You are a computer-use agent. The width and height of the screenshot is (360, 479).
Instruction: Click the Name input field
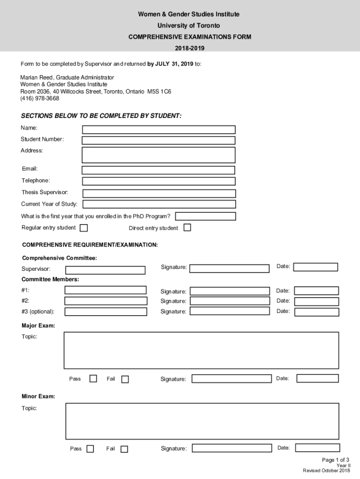click(x=158, y=130)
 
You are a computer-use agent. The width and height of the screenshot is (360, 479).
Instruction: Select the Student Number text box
click(x=158, y=140)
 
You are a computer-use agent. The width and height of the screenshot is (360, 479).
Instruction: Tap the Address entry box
click(x=158, y=155)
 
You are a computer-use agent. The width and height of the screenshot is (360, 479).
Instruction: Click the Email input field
click(x=158, y=170)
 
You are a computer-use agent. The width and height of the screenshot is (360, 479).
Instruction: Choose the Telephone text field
click(x=158, y=181)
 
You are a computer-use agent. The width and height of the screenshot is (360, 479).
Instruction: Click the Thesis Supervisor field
click(x=159, y=193)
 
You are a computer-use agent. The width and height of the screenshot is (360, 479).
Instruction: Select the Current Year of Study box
click(x=159, y=204)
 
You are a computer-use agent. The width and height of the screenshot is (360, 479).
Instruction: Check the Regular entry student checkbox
click(x=84, y=228)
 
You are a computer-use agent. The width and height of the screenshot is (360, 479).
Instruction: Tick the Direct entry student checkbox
click(x=187, y=228)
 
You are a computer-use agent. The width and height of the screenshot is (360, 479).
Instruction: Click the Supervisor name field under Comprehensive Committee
click(x=105, y=270)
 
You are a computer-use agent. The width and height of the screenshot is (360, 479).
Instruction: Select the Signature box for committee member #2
click(x=230, y=301)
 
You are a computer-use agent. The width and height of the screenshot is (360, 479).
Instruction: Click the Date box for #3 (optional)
click(x=316, y=311)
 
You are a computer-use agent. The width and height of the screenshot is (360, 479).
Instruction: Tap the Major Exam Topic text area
click(x=201, y=350)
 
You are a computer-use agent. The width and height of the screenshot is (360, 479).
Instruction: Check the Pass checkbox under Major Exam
click(x=93, y=378)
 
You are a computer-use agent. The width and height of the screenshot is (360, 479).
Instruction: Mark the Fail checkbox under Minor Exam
click(x=124, y=449)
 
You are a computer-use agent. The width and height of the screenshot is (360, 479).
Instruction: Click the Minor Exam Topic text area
click(x=202, y=421)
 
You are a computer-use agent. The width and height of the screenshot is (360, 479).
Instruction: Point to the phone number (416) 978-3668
click(x=40, y=99)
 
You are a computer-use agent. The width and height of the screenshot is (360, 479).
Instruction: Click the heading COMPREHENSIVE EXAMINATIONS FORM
click(x=190, y=37)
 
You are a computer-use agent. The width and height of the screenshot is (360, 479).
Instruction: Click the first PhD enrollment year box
click(x=205, y=216)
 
